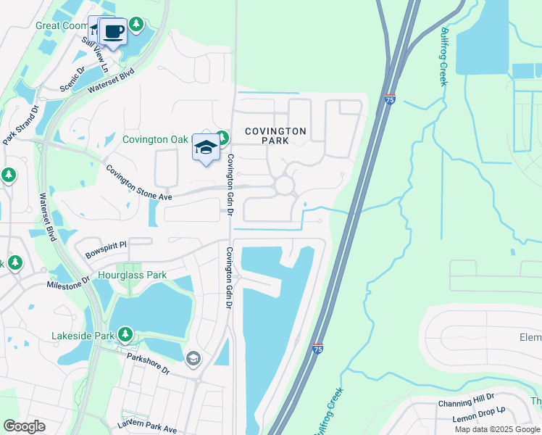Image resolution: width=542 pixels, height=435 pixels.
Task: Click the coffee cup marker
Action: tap(112, 32)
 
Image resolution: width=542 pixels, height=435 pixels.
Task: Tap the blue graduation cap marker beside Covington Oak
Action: tap(207, 148)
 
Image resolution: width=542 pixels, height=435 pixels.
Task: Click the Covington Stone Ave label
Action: tap(138, 183)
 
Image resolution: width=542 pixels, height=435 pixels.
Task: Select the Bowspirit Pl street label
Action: tap(106, 251)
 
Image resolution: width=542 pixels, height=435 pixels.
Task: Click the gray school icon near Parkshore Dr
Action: tap(193, 357)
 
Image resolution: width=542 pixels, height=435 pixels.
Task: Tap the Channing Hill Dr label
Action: tap(466, 405)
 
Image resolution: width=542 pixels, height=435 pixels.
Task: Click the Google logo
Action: tap(24, 426)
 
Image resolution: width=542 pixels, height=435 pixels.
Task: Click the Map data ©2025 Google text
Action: tap(497, 429)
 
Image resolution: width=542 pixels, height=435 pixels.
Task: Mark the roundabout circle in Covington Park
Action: tap(284, 186)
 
